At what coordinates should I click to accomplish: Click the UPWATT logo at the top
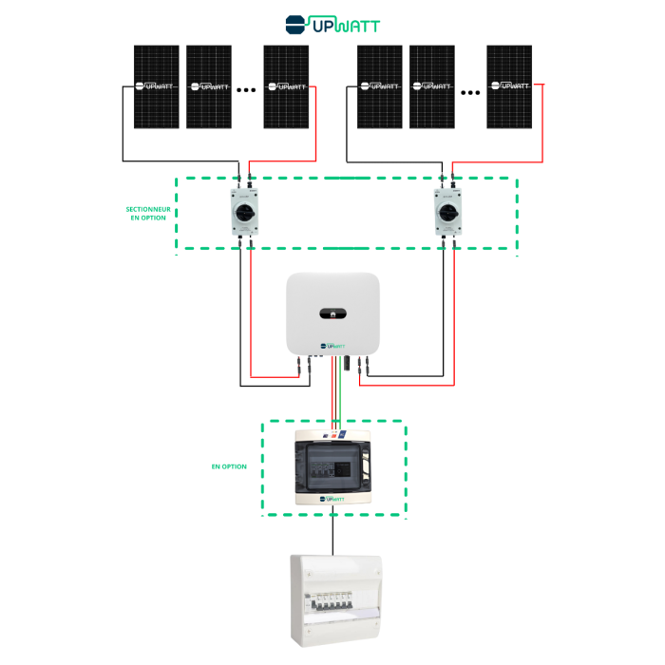[332, 23]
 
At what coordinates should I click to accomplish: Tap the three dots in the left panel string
[246, 90]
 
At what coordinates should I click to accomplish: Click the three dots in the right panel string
[470, 92]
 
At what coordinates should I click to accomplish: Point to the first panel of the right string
[380, 86]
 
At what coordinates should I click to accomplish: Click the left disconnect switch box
[244, 211]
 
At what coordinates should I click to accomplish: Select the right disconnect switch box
[447, 211]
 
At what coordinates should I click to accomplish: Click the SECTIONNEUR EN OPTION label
[147, 214]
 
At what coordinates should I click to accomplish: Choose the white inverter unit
[333, 313]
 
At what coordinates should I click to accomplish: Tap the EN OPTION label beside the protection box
[229, 466]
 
